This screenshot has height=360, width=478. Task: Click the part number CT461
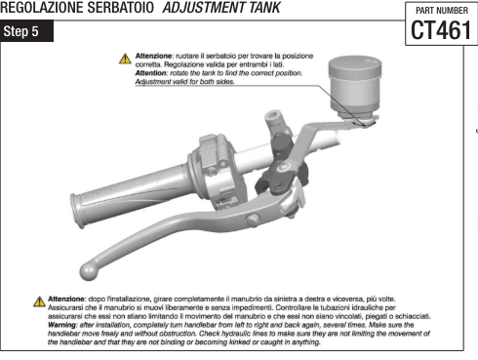point(441,30)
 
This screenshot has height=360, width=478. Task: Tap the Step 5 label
point(20,31)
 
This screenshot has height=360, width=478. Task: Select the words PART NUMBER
point(442,11)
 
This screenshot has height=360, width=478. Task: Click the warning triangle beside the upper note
point(125,59)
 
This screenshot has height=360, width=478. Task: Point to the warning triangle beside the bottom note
point(39,301)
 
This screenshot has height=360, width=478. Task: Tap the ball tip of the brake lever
point(89,271)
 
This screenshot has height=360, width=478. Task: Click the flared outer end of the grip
point(77,210)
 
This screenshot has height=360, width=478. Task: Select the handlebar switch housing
point(217,173)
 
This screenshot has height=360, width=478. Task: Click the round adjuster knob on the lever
point(253,220)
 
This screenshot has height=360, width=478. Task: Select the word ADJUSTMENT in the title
point(204,7)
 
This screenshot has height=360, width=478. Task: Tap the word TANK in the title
point(264,7)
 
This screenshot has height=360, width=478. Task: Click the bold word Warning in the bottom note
point(61,325)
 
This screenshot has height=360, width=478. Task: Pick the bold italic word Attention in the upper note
point(150,73)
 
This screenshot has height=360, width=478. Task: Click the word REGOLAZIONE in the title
point(40,7)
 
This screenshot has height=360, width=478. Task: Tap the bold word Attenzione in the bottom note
point(66,299)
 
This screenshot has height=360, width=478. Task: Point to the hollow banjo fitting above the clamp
point(275,121)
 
